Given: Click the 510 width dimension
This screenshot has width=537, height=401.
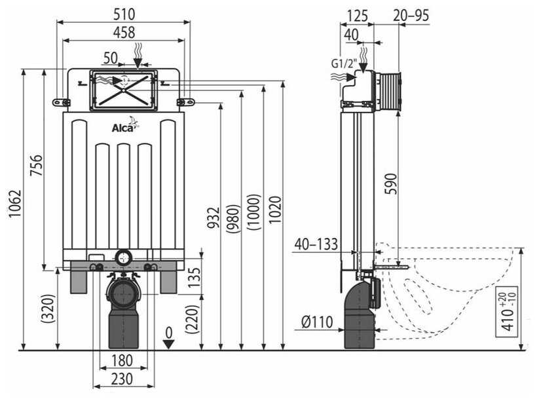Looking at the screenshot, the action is (x=124, y=14).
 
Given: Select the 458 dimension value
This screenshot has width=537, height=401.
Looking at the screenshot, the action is (x=124, y=33).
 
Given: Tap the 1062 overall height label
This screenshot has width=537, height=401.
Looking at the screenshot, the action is (x=15, y=204).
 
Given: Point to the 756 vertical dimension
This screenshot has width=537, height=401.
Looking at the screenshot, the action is (x=36, y=166).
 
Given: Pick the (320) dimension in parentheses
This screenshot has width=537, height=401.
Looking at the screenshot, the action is (x=48, y=309).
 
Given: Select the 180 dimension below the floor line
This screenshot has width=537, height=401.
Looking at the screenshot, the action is (x=122, y=360).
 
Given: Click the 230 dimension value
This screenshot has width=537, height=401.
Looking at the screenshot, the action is (x=122, y=379).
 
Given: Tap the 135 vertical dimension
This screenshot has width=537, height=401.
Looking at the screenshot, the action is (x=194, y=277).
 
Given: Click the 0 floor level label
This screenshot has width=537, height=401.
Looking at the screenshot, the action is (x=168, y=332).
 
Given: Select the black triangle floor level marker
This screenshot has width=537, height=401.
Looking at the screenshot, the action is (x=168, y=344).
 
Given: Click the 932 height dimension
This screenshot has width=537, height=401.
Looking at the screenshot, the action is (x=213, y=218).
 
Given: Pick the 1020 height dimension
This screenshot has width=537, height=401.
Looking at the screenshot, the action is (x=274, y=210).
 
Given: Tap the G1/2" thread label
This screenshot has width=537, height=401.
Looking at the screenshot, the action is (x=344, y=64).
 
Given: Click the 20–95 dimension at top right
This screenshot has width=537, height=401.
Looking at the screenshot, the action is (x=411, y=16).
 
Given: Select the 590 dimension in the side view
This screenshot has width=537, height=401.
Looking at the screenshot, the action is (x=391, y=183).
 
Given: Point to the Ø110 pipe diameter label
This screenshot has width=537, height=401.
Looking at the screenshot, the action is (x=317, y=322).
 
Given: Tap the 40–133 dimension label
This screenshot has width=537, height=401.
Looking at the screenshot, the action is (x=316, y=244).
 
